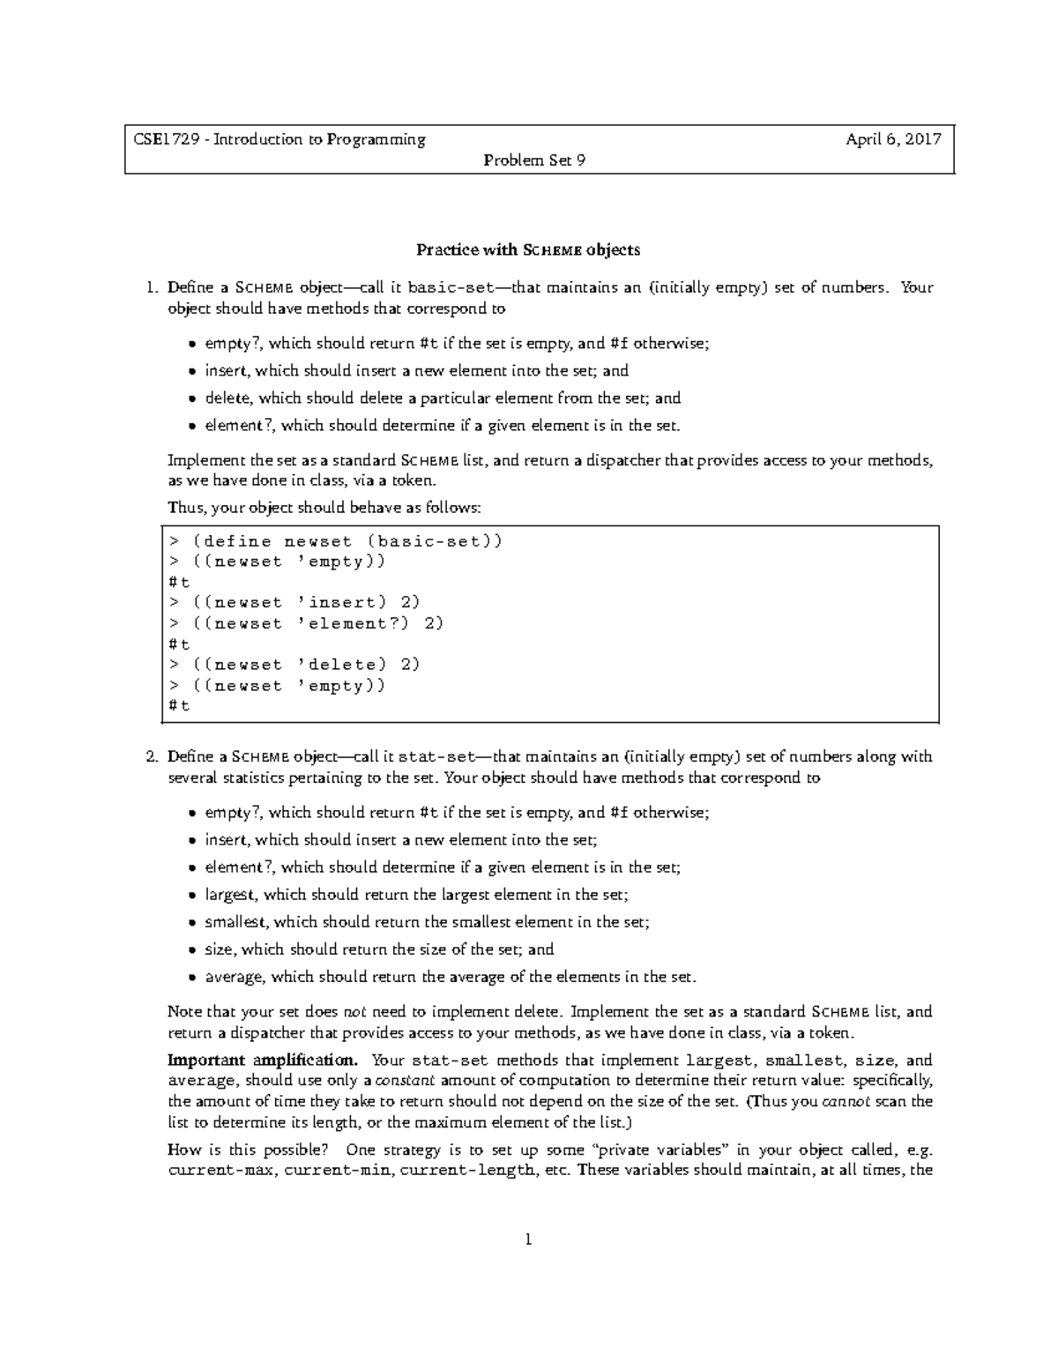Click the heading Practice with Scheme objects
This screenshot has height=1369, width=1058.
pos(527,249)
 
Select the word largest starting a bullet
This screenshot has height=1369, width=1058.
pos(230,895)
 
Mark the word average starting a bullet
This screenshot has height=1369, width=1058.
pos(234,977)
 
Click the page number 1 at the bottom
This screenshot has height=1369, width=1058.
pos(528,1239)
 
